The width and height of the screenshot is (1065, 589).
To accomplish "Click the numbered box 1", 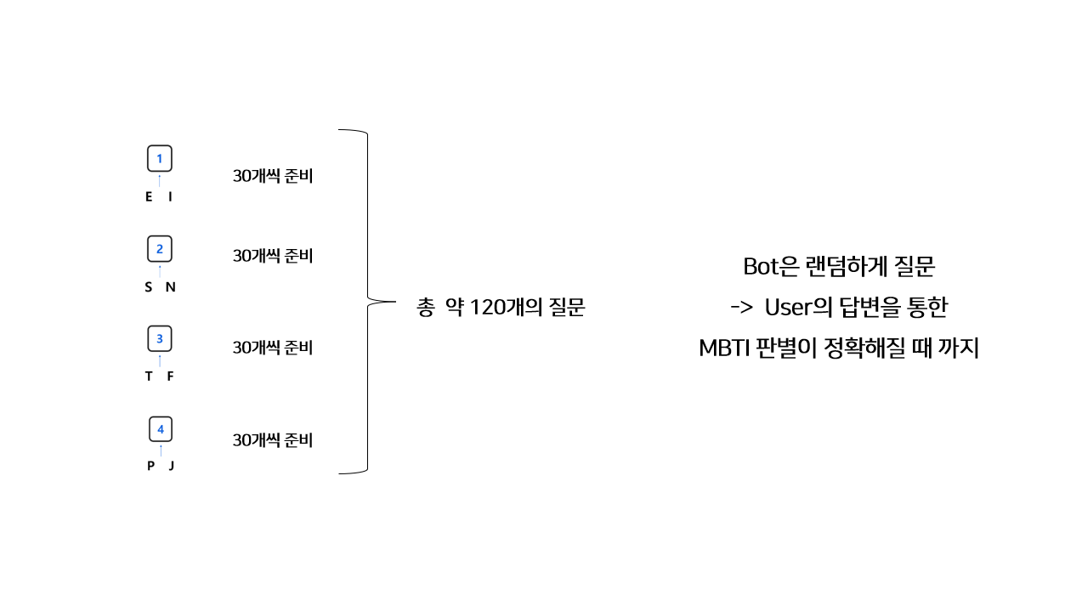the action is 160,159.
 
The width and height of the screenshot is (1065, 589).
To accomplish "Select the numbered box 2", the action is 160,249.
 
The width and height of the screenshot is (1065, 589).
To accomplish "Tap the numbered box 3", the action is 160,339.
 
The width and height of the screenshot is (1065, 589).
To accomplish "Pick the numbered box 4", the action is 161,429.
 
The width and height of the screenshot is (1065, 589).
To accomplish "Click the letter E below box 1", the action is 150,197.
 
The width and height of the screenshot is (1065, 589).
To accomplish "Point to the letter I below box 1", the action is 171,197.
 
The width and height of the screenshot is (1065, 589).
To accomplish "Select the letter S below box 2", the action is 149,287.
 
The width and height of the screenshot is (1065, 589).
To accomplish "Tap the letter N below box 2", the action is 171,287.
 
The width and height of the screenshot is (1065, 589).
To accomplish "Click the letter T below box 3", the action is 150,377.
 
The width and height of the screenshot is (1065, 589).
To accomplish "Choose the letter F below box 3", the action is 170,377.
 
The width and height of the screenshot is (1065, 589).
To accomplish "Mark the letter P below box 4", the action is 150,466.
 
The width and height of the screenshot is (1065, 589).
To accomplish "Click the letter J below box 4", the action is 171,466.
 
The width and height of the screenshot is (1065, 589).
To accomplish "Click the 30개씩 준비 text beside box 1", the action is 273,177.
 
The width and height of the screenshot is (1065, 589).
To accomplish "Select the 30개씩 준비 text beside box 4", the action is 273,440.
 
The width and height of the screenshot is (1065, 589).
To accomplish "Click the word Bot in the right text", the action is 762,267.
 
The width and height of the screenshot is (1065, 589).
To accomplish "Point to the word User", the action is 789,308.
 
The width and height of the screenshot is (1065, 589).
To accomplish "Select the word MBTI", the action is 722,348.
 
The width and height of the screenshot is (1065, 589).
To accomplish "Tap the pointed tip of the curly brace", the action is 396,301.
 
